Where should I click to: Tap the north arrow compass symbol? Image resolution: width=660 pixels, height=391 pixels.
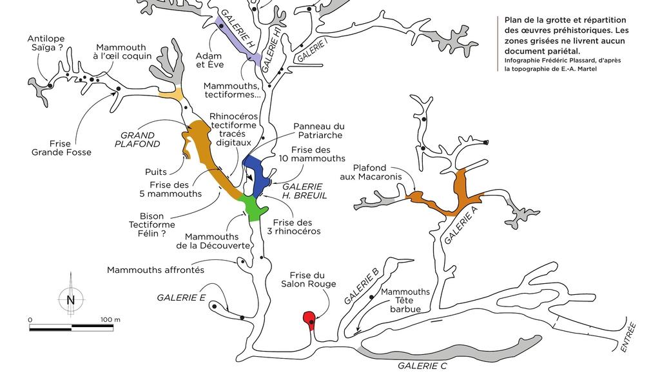71,299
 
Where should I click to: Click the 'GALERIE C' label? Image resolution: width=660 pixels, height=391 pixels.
422,366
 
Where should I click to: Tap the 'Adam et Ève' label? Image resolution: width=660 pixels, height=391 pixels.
209,61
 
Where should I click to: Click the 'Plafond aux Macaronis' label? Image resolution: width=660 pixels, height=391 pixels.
371,176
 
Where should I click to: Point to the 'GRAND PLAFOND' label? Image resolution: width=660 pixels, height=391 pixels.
138,140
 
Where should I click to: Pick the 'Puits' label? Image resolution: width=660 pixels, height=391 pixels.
156,172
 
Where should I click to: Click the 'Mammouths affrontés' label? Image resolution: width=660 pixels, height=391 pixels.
155,270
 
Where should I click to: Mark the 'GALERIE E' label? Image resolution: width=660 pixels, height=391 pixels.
181,297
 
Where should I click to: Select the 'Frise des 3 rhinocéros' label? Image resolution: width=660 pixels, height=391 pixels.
296,226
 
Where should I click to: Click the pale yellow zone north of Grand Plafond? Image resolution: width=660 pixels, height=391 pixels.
171,95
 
